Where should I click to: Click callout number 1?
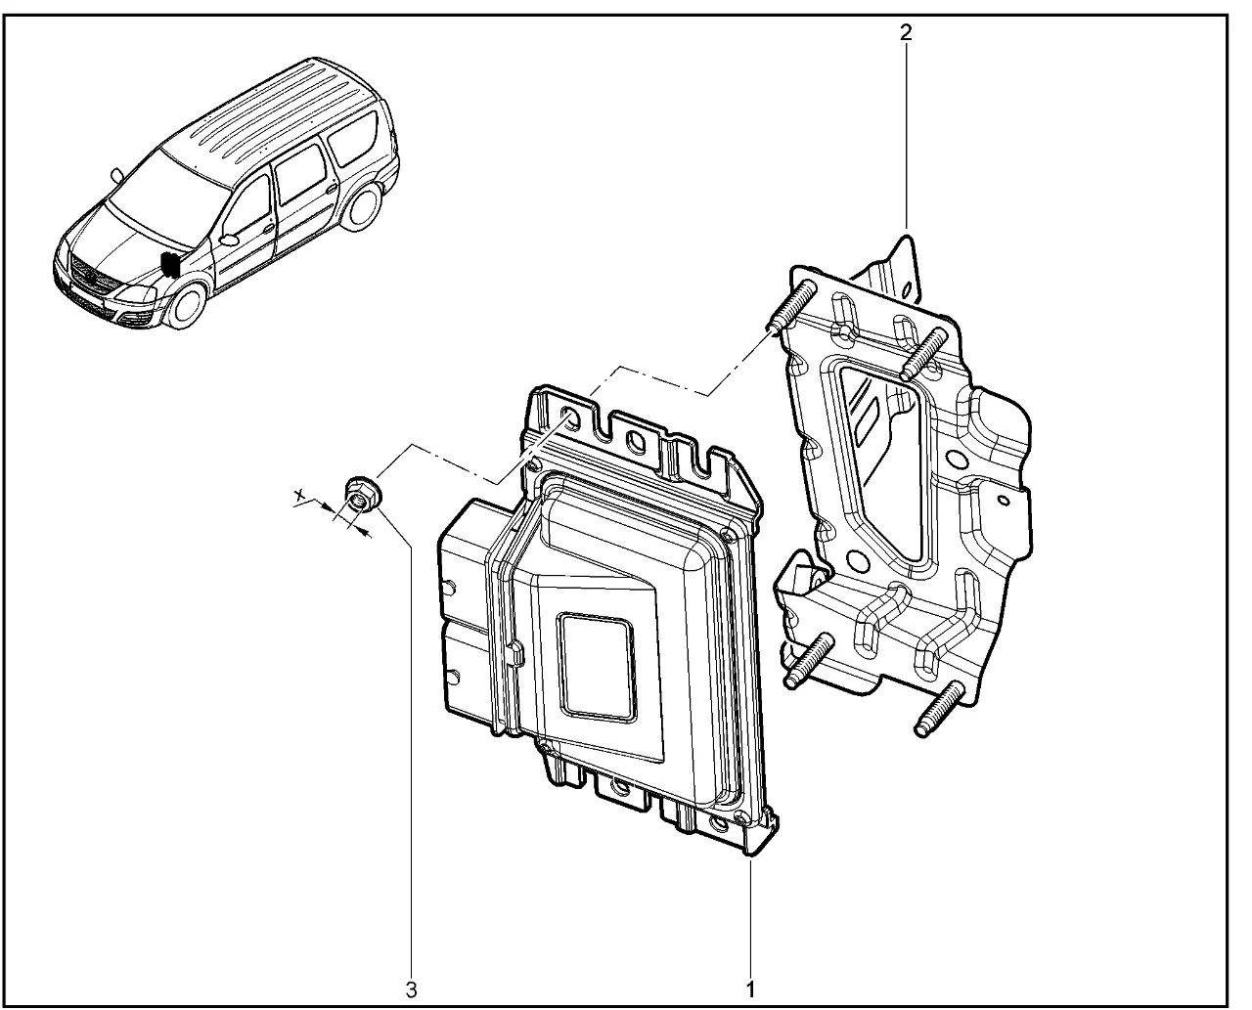(750, 988)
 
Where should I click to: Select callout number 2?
(906, 33)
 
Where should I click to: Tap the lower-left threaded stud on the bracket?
(809, 660)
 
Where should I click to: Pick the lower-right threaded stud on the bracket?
(939, 708)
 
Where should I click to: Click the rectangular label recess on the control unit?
(597, 668)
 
